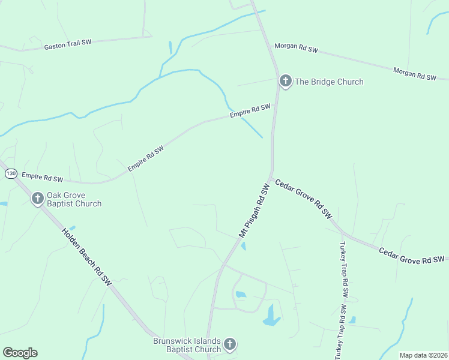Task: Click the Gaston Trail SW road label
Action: coord(68,44)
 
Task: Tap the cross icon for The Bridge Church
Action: coord(285,80)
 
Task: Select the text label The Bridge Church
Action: coord(329,82)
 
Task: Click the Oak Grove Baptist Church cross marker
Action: coord(37,198)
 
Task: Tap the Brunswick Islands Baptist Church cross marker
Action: coord(229,344)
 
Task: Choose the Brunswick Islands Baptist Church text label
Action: coord(187,345)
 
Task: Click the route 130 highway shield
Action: coord(11,173)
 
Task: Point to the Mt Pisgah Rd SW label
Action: coord(255,211)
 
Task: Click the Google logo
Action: coord(20,353)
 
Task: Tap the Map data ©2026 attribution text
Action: coord(423,355)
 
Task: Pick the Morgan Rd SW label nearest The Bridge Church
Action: coord(296,48)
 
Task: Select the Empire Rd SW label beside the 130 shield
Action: coord(42,178)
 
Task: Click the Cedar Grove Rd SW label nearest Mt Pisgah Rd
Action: coord(304,198)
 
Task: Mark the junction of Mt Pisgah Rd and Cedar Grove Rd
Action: coord(272,178)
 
